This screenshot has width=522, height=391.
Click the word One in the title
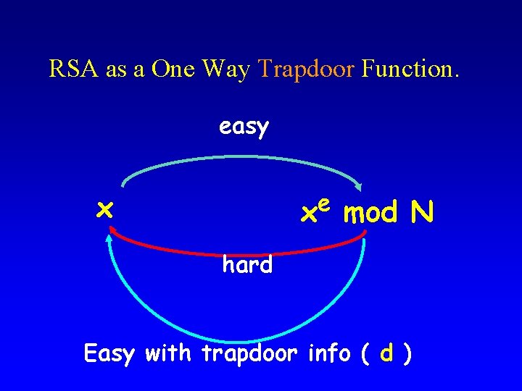click(x=175, y=69)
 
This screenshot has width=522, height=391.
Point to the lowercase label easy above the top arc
click(x=244, y=127)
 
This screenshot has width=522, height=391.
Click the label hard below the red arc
click(x=247, y=265)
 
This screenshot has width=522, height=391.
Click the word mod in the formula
click(x=370, y=214)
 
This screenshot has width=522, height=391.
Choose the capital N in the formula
click(x=421, y=212)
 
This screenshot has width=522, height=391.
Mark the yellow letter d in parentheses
click(x=387, y=353)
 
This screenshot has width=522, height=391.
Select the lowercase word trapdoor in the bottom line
click(x=250, y=355)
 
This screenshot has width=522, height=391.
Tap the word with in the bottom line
click(x=169, y=353)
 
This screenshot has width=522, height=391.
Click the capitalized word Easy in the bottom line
click(x=109, y=355)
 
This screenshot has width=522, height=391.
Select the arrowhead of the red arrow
click(x=114, y=231)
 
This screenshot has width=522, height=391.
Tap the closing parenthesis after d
click(x=409, y=354)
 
